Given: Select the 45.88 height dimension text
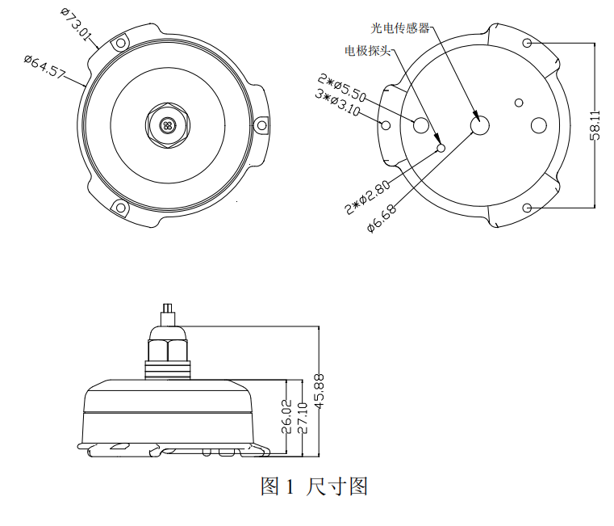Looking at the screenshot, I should tap(320, 391).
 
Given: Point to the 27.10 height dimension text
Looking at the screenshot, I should tap(303, 418).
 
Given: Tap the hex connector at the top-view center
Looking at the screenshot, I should tap(168, 124).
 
